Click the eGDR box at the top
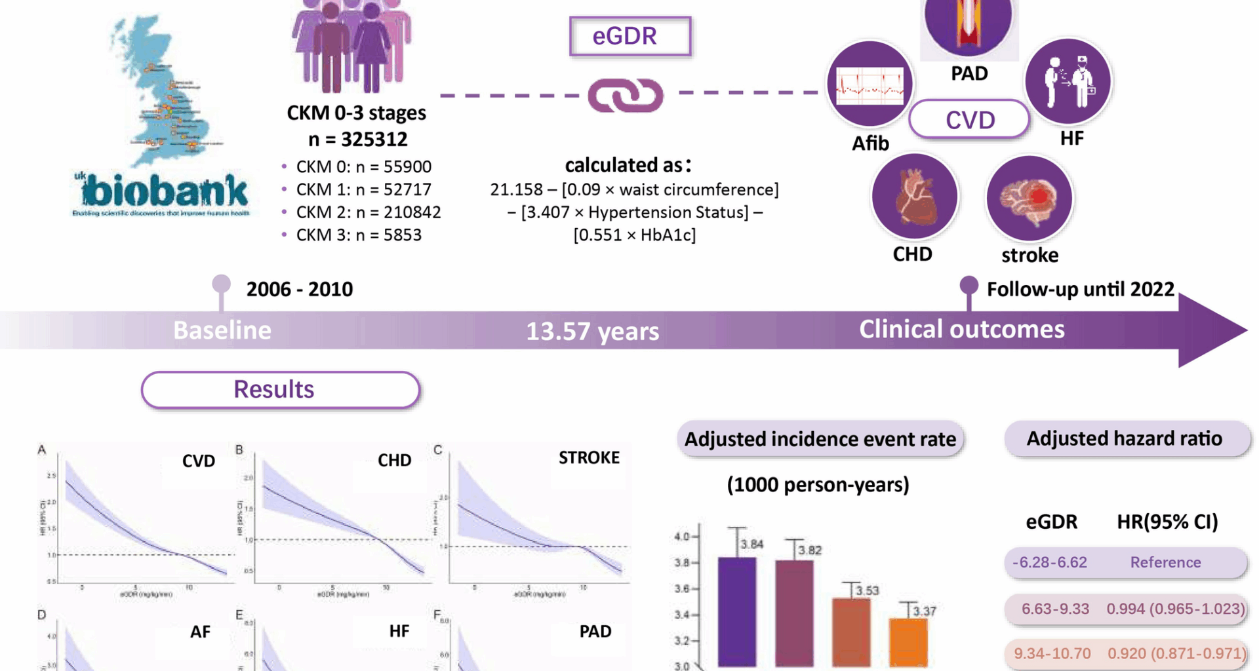(629, 36)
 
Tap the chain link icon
(625, 96)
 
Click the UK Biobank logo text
(164, 191)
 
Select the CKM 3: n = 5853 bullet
(358, 235)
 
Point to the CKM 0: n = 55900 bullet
(363, 167)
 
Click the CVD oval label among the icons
(969, 120)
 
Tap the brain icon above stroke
(1029, 199)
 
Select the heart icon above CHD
(914, 196)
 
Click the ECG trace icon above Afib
(869, 84)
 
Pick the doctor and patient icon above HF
(1068, 82)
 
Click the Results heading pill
(280, 390)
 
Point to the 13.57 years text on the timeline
(592, 331)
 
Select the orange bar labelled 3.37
(908, 642)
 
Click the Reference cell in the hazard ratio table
(1165, 562)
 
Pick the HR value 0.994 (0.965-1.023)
(1175, 609)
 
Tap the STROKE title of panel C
(588, 457)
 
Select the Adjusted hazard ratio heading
(1124, 438)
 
